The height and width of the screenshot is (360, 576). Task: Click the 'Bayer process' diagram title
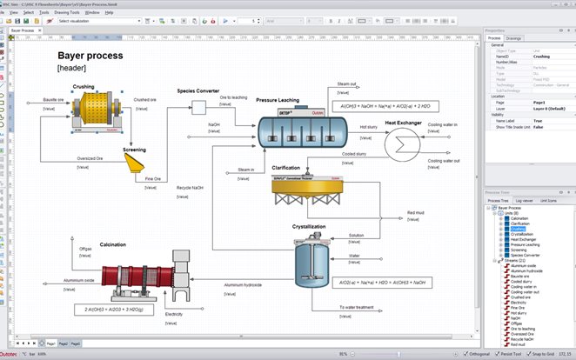[90, 56]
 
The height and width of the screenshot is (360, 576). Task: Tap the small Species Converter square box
[198, 106]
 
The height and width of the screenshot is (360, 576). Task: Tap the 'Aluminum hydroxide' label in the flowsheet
[243, 284]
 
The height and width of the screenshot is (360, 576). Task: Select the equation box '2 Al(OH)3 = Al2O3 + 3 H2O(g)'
[115, 309]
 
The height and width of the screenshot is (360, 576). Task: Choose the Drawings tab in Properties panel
[514, 38]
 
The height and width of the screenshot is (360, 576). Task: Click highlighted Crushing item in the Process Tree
[519, 229]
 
